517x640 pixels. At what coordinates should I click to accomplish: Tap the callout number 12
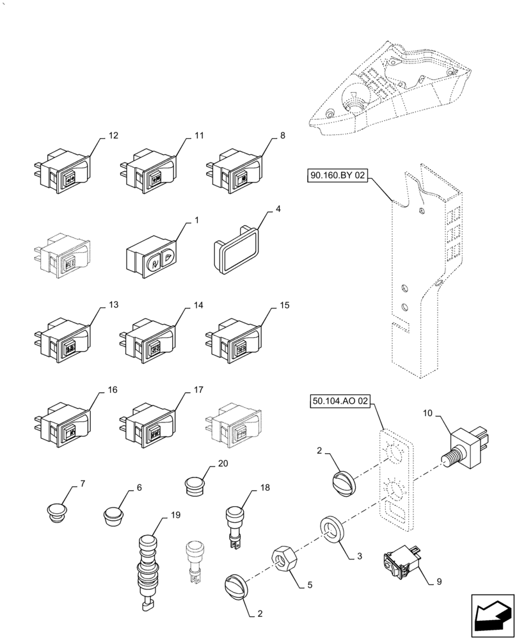[114, 136]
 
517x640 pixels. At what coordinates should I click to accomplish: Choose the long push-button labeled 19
[148, 564]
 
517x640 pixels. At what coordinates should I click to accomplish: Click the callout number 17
[198, 389]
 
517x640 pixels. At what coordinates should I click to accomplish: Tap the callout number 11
[199, 136]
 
